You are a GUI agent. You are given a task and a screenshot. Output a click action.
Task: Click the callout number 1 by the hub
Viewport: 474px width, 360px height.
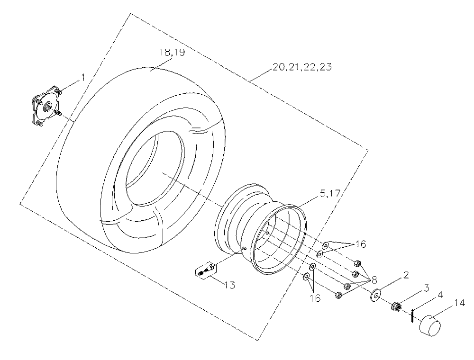[x=82, y=78]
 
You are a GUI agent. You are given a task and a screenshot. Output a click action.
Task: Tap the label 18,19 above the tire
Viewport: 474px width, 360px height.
[x=172, y=52]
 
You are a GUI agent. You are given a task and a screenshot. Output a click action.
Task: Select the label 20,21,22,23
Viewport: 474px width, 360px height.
[x=302, y=67]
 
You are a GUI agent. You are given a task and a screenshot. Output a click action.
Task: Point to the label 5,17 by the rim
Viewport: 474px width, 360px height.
[x=330, y=193]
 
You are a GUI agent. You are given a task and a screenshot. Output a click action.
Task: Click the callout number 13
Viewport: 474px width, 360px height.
[x=230, y=285]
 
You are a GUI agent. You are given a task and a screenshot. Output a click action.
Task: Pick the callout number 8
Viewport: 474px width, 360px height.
[x=374, y=280]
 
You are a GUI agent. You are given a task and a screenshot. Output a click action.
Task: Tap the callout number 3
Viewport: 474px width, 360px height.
[x=426, y=288]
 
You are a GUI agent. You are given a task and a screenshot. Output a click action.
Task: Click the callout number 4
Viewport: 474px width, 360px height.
[x=440, y=295]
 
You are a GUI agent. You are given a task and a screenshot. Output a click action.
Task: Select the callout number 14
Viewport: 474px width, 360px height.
[x=459, y=303]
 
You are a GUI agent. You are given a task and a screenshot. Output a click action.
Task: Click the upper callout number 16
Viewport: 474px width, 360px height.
[x=361, y=244]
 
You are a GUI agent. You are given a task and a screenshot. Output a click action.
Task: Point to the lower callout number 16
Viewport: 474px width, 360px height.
[x=315, y=298]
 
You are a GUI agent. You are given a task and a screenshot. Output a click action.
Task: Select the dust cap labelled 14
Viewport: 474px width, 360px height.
[x=429, y=325]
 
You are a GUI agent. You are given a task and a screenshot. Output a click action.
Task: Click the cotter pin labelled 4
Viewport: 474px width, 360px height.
[x=412, y=315]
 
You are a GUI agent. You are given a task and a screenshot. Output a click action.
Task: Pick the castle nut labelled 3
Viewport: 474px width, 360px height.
[x=396, y=306]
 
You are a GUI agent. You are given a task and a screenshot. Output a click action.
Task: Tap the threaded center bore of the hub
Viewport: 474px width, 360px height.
[x=48, y=107]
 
